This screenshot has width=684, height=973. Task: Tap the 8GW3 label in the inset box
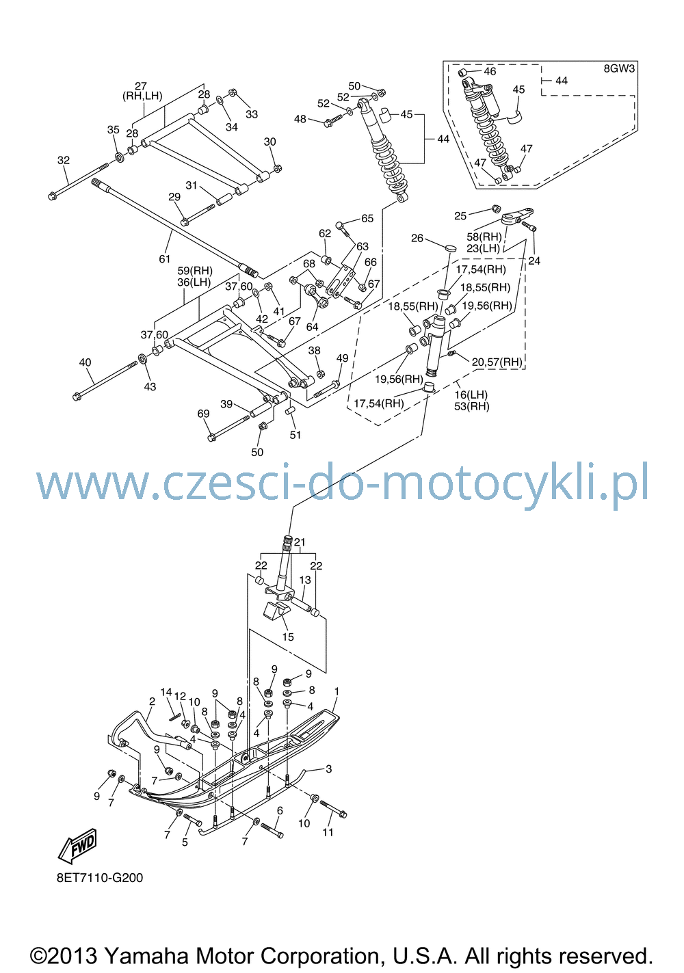pos(619,68)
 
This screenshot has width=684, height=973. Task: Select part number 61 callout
pos(165,259)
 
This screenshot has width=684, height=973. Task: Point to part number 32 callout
pos(64,160)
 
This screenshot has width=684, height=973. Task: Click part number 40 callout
pos(85,362)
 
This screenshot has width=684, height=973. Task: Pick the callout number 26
pos(417,238)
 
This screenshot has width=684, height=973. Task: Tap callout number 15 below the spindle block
pos(288,637)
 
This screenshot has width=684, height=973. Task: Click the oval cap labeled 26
pos(451,248)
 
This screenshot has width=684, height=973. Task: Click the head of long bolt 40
pos(77,396)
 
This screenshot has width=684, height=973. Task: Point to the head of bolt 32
pos(53,196)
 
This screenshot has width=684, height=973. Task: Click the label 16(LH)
pos(471,395)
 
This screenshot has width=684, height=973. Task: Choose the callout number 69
pos(203,414)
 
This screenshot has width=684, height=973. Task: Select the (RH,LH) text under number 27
pos(142,96)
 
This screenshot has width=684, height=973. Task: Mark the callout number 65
pos(367,219)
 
